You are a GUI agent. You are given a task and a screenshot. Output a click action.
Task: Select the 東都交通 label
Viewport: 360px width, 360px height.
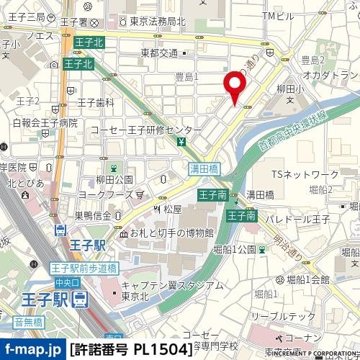coord(159,53)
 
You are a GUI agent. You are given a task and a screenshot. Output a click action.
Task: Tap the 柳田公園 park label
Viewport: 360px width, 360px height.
coord(114,179)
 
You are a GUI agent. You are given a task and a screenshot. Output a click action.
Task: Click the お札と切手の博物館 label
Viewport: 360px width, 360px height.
coord(171,233)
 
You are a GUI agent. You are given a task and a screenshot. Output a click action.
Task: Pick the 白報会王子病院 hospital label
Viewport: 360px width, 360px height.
coord(45,123)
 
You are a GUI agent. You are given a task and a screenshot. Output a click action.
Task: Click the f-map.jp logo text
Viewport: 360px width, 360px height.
coord(32,349)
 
